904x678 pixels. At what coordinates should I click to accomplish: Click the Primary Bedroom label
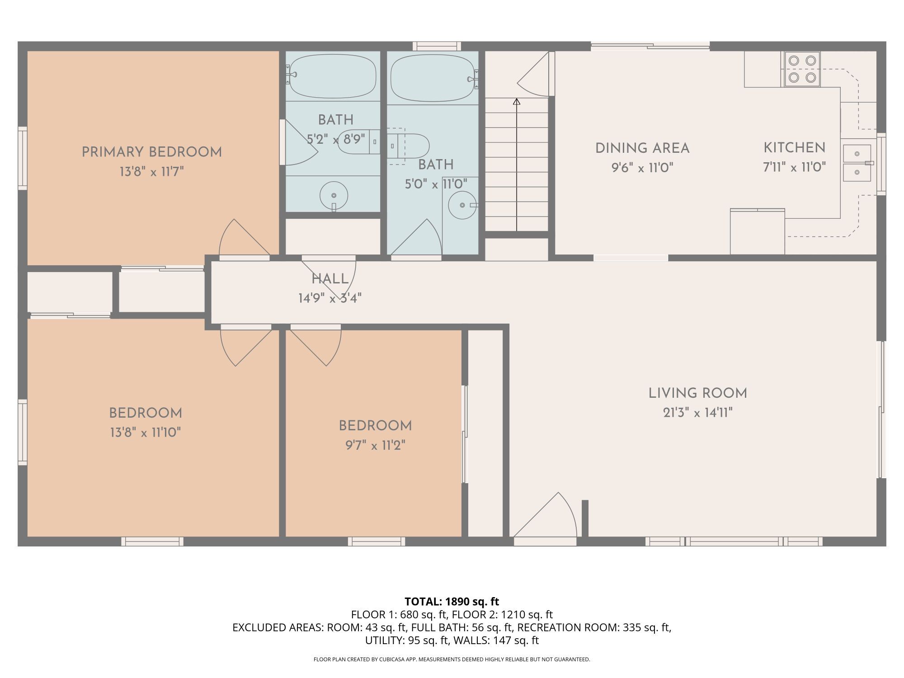pyautogui.click(x=151, y=152)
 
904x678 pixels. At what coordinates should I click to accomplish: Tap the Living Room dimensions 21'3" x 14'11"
pyautogui.click(x=697, y=413)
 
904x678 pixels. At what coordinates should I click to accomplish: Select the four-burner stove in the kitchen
pyautogui.click(x=802, y=69)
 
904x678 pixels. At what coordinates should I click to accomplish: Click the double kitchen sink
pyautogui.click(x=857, y=163)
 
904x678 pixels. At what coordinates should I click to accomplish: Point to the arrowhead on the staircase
pyautogui.click(x=517, y=102)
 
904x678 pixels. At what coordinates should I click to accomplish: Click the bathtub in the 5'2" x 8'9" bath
pyautogui.click(x=333, y=76)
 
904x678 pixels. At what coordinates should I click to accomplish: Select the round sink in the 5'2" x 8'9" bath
pyautogui.click(x=334, y=196)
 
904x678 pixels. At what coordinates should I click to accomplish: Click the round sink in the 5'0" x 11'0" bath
pyautogui.click(x=462, y=205)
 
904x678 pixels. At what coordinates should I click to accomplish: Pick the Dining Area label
pyautogui.click(x=642, y=148)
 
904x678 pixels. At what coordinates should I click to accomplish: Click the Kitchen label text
pyautogui.click(x=794, y=148)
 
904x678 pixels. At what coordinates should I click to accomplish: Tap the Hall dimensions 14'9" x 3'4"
pyautogui.click(x=330, y=298)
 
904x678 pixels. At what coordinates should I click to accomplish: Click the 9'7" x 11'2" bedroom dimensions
pyautogui.click(x=375, y=446)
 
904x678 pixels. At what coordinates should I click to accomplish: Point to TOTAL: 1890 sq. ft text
pyautogui.click(x=452, y=602)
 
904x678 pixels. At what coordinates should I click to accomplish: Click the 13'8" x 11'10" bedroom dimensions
pyautogui.click(x=145, y=433)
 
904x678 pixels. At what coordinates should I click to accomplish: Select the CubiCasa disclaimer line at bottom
pyautogui.click(x=452, y=659)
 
